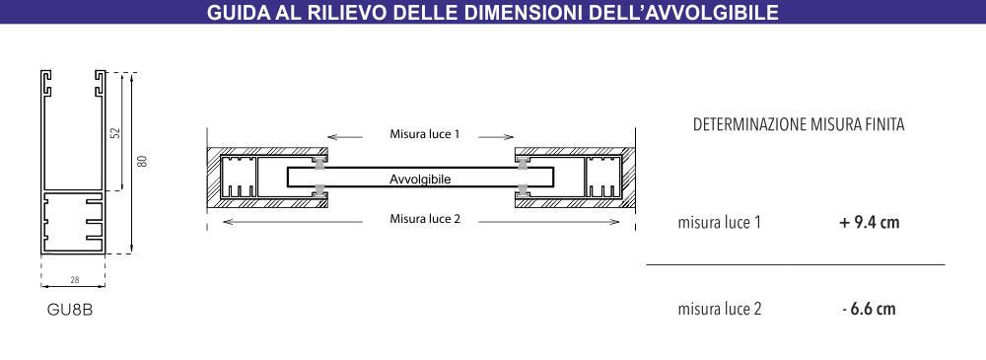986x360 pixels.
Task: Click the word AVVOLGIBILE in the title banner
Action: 702,14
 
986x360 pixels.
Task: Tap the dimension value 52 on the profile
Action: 114,131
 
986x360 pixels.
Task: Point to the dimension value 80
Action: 142,161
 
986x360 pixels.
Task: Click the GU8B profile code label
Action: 71,310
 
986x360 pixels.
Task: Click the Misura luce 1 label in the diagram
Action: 425,134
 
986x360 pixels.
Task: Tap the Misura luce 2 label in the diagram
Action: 425,219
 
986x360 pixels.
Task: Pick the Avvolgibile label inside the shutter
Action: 420,180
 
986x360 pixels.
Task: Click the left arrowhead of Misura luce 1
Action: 330,135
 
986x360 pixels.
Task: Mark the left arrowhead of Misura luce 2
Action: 226,220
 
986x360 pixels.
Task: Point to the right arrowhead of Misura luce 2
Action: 618,220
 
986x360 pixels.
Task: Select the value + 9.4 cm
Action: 870,223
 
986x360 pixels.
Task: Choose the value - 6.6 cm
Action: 870,309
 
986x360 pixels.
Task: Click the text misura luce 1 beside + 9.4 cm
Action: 720,223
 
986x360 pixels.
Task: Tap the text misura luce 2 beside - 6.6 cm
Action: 720,309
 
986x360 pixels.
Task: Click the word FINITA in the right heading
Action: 883,125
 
